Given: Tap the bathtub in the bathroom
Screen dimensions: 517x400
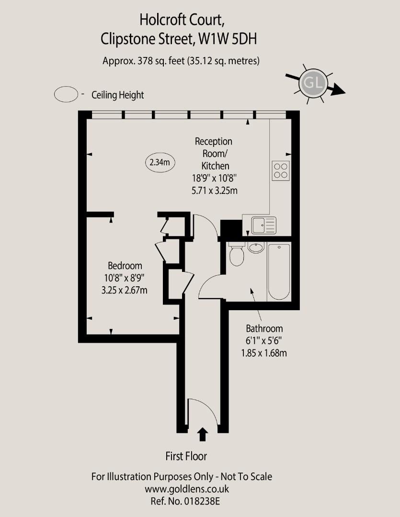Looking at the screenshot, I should [279, 271].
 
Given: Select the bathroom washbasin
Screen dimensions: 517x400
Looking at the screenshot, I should [256, 247].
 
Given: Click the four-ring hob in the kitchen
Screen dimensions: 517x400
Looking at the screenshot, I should [281, 170].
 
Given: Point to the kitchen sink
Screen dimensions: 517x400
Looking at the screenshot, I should [263, 225].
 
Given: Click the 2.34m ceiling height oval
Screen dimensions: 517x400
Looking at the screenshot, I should [160, 162].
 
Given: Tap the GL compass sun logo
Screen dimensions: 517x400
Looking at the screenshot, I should [313, 84].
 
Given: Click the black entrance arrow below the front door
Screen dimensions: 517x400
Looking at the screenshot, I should [203, 434].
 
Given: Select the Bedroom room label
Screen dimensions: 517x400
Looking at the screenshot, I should [125, 266].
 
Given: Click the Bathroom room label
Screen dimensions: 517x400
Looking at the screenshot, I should [264, 329].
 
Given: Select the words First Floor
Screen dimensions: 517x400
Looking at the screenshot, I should [186, 456].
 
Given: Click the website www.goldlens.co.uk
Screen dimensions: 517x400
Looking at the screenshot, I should [187, 489].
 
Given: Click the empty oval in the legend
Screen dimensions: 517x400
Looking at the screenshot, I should [66, 94].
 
